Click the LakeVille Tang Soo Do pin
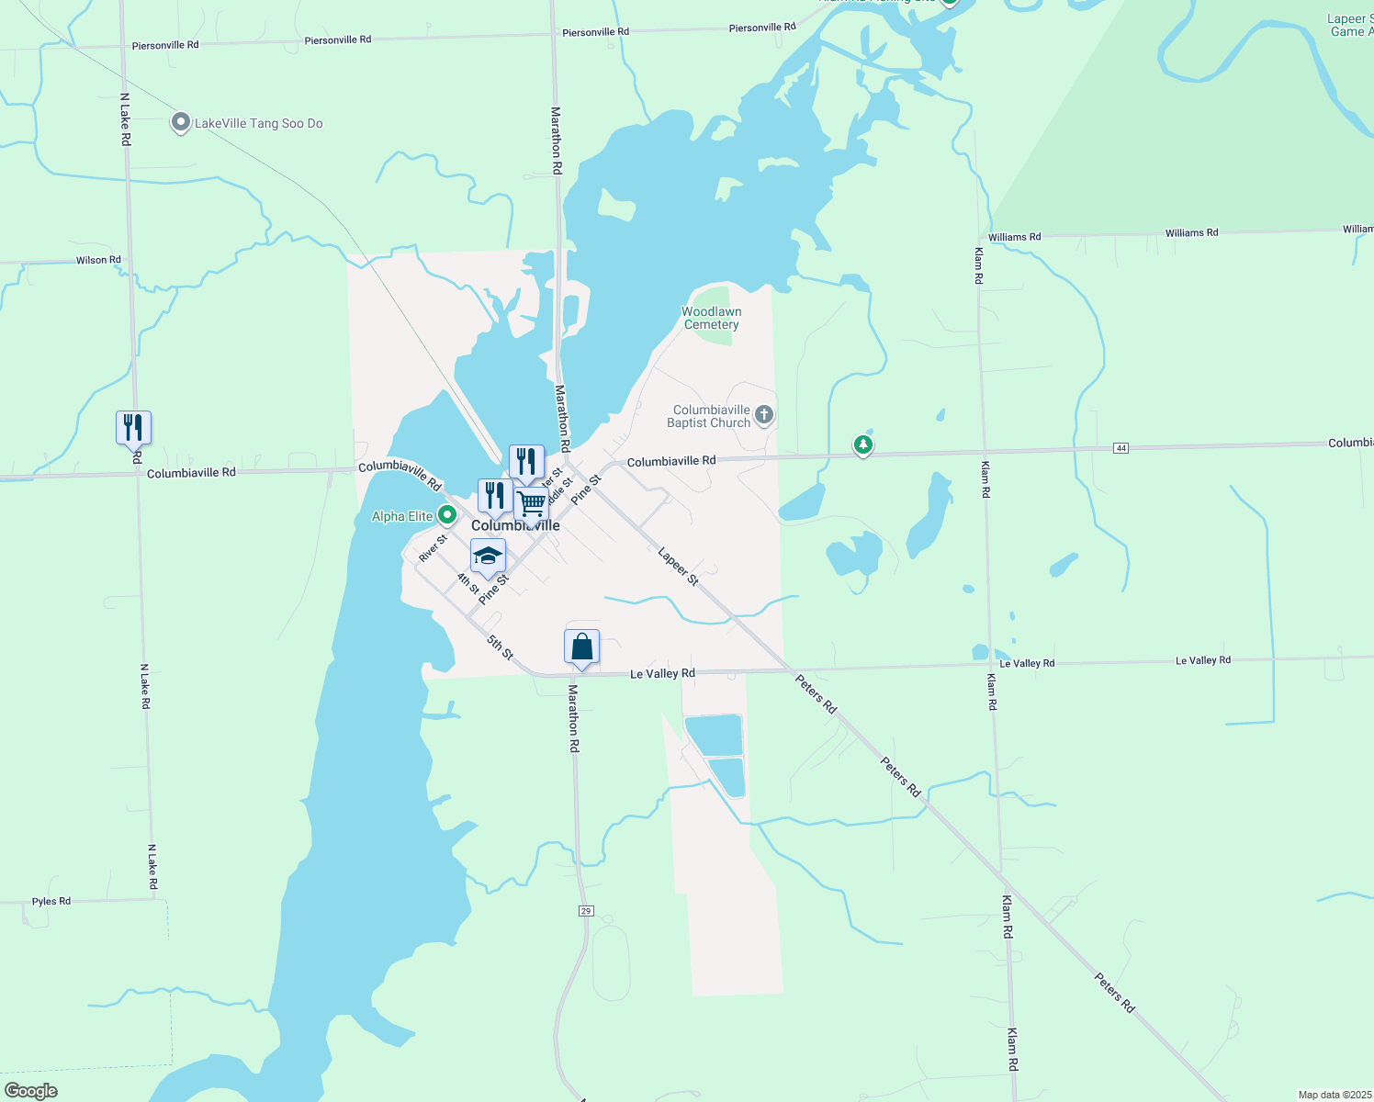tap(181, 122)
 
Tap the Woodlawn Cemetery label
tap(711, 318)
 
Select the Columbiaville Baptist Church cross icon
tap(764, 416)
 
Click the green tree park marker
tap(862, 445)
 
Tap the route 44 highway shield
tap(1121, 448)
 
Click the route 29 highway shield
tap(586, 911)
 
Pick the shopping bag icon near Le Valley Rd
tap(581, 647)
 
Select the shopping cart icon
tap(531, 504)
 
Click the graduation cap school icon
tap(488, 557)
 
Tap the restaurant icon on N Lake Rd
tap(133, 428)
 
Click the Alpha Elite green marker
tap(447, 515)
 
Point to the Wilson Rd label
tap(98, 260)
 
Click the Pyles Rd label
tap(51, 902)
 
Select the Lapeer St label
tap(679, 567)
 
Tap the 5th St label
tap(500, 647)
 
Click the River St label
tap(433, 548)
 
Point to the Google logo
tap(31, 1091)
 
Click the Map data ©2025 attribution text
tap(1335, 1095)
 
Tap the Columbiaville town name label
tap(515, 526)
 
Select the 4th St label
tap(468, 582)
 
